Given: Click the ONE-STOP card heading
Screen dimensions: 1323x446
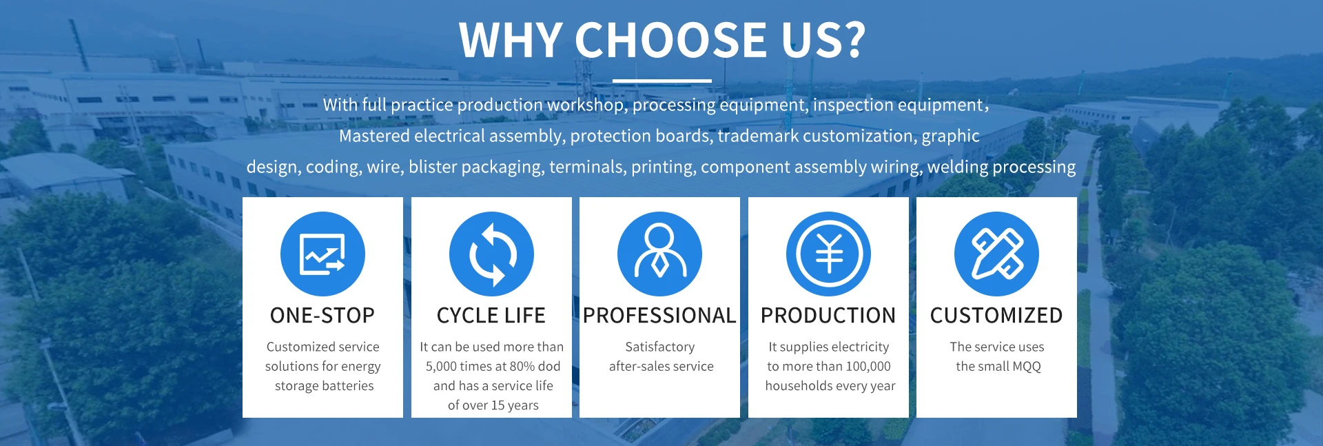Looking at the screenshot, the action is click(322, 316).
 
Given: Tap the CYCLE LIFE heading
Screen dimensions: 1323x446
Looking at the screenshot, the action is click(491, 316).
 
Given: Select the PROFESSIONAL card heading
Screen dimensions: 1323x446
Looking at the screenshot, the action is click(659, 316).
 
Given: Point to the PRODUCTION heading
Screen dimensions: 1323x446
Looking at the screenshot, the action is click(828, 316).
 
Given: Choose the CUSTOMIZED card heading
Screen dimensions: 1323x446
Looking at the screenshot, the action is click(996, 316).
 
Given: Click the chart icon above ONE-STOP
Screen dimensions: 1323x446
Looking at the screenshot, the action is click(322, 254).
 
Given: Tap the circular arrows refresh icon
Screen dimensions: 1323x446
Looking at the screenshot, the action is click(491, 254).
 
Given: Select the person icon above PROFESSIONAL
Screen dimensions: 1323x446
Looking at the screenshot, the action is click(659, 254).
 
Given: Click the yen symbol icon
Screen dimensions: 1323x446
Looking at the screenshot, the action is click(828, 254).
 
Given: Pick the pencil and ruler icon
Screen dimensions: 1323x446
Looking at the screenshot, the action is click(996, 254).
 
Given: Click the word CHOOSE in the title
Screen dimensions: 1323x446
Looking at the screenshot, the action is click(670, 40).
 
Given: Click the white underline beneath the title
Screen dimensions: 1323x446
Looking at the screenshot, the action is click(661, 81).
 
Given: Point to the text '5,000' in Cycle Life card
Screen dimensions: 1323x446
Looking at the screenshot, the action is click(441, 367).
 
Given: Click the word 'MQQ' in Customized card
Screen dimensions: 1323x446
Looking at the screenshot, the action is click(1027, 367).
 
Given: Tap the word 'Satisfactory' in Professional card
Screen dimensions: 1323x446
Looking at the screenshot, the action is click(659, 347).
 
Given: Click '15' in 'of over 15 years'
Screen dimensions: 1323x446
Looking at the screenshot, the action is click(498, 405).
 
